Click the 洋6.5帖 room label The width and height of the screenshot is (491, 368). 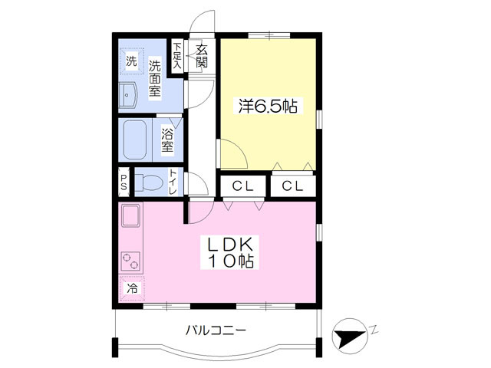268,107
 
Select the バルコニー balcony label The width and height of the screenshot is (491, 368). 216,331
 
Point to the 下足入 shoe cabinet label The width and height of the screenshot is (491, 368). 177,56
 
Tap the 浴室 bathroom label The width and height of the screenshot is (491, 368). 168,139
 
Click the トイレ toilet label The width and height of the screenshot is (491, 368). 174,182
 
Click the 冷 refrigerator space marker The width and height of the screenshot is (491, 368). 132,289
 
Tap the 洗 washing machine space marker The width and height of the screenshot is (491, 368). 131,61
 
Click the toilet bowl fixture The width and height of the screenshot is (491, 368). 150,182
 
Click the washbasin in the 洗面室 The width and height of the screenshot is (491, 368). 128,96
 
